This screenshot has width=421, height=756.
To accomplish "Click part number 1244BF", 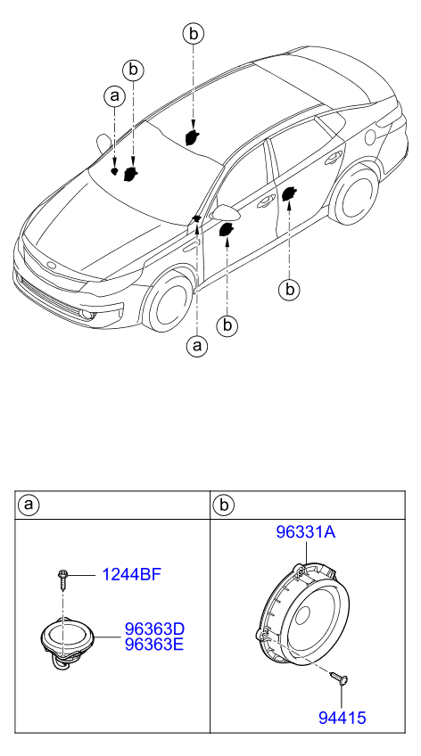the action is coord(131,575).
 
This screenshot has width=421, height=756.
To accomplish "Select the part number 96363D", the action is coord(154,629).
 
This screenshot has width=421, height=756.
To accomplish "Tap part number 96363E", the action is coord(154,645).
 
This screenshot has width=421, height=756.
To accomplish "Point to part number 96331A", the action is coord(306,532).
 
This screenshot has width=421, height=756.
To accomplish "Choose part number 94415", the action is coord(342,718).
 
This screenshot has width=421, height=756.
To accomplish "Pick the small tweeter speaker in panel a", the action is coord(67,642).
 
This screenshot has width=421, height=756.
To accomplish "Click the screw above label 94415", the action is coord(340,678).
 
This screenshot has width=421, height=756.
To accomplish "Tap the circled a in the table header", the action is coord(29,505).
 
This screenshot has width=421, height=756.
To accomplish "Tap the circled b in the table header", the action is coord(224,505).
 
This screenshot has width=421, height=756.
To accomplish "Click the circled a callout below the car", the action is coord(197,346).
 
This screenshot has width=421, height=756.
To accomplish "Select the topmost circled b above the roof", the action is coord(193,33).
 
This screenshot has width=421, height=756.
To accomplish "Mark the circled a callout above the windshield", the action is coord(114,96).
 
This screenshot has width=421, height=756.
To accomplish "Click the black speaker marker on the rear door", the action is coord(289,193).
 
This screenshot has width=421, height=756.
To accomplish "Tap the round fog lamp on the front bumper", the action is coord(87,315).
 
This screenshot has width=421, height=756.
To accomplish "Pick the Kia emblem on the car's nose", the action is coord(51,266).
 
